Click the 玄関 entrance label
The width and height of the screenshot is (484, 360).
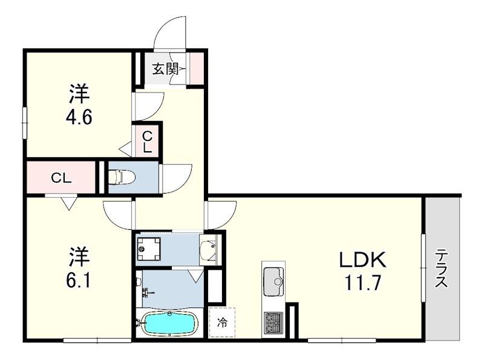(x=165, y=69)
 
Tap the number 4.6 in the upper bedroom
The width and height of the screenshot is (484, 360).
(x=79, y=116)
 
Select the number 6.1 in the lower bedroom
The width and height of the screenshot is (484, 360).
(x=79, y=280)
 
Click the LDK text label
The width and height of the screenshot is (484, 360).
(x=361, y=261)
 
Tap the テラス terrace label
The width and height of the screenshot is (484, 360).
(x=442, y=269)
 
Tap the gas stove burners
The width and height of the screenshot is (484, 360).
(x=273, y=321)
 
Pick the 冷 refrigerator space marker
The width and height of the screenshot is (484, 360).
(x=222, y=322)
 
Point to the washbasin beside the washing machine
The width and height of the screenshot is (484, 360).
(x=208, y=248)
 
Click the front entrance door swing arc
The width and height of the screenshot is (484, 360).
(x=169, y=33)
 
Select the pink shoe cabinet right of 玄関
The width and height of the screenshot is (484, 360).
(x=198, y=68)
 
